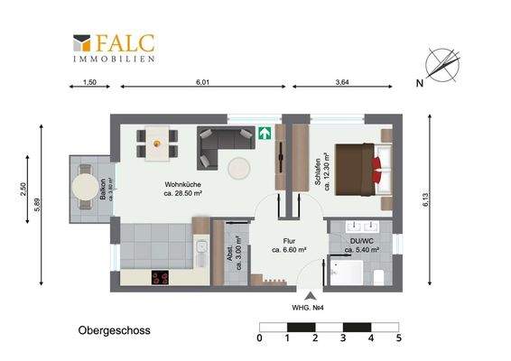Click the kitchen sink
pyautogui.click(x=200, y=251)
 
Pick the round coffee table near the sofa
pyautogui.click(x=240, y=168)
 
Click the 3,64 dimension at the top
pyautogui.click(x=342, y=83)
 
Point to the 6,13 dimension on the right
pyautogui.click(x=424, y=204)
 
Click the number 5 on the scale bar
pyautogui.click(x=398, y=338)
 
